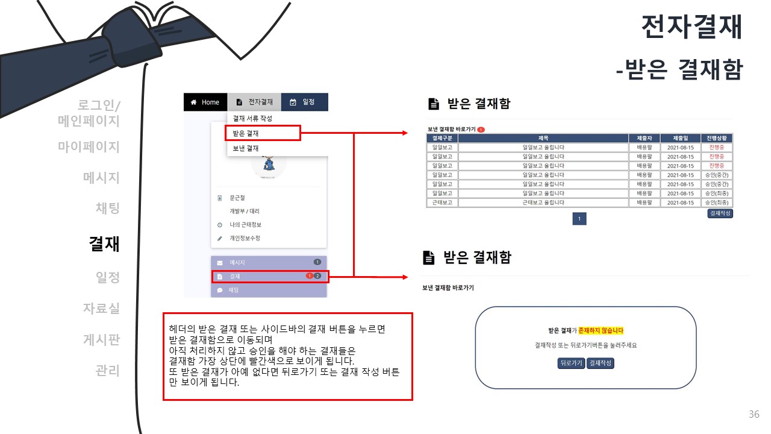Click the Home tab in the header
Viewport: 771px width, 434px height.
[205, 102]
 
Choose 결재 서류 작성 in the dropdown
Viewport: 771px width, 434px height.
[252, 118]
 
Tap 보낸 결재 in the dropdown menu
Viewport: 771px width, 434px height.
[246, 148]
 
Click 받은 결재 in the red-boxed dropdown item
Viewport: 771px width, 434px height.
[246, 133]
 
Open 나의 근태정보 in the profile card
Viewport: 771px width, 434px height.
[245, 225]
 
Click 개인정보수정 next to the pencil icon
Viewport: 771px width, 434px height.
[245, 238]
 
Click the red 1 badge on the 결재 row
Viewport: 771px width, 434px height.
[309, 276]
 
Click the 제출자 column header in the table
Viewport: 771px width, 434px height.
[645, 138]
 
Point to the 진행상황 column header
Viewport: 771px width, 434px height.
[717, 138]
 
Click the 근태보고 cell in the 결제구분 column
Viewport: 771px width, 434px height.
[442, 203]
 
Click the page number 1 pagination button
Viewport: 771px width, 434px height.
[579, 219]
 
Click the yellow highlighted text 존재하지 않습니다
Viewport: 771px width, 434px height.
[601, 330]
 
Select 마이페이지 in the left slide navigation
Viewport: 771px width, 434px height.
[89, 146]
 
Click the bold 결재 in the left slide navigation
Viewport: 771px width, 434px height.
[104, 244]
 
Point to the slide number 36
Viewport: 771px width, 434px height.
[754, 415]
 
